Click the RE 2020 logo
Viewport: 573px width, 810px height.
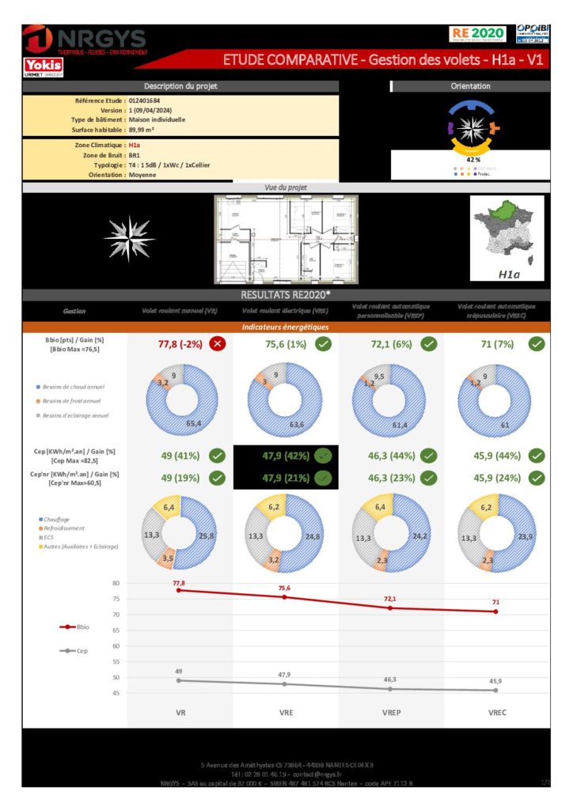tap(477, 33)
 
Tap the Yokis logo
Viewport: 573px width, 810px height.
tap(43, 66)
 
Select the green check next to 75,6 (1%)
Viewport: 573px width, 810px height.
tap(323, 343)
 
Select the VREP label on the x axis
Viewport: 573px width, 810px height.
tap(391, 713)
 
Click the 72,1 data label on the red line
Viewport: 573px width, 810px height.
tap(390, 599)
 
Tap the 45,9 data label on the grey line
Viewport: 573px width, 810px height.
tap(495, 681)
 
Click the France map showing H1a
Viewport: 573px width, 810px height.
tap(507, 238)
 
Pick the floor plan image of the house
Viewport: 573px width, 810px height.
tap(286, 240)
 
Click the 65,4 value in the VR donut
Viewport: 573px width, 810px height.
tap(192, 424)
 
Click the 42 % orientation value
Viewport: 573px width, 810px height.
tap(473, 159)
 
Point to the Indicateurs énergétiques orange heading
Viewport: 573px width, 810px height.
tap(286, 326)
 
